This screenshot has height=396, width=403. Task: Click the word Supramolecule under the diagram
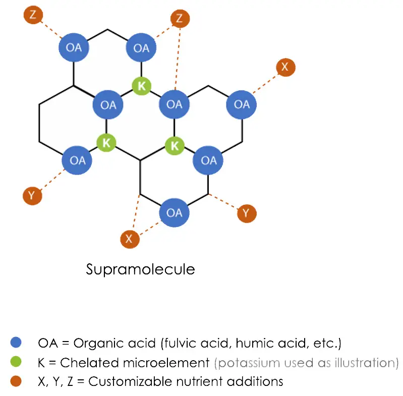(140, 269)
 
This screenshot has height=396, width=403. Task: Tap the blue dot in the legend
(16, 343)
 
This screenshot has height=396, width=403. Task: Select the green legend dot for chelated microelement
(16, 362)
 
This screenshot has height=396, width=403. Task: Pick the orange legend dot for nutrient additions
(16, 380)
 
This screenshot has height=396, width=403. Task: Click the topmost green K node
(142, 86)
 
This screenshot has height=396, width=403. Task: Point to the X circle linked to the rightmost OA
(285, 67)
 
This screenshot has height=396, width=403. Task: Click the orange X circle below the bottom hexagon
(130, 239)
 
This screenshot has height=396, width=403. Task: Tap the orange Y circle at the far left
(32, 195)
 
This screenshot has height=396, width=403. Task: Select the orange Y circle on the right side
(246, 213)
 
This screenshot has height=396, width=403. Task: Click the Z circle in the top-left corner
(33, 15)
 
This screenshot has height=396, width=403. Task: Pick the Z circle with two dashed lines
(180, 19)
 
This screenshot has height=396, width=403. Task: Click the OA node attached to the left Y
(77, 160)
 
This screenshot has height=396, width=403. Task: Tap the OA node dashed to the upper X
(242, 104)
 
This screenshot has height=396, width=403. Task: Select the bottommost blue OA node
(174, 212)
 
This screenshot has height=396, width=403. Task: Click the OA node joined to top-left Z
(74, 48)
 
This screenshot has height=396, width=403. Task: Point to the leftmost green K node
(106, 143)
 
